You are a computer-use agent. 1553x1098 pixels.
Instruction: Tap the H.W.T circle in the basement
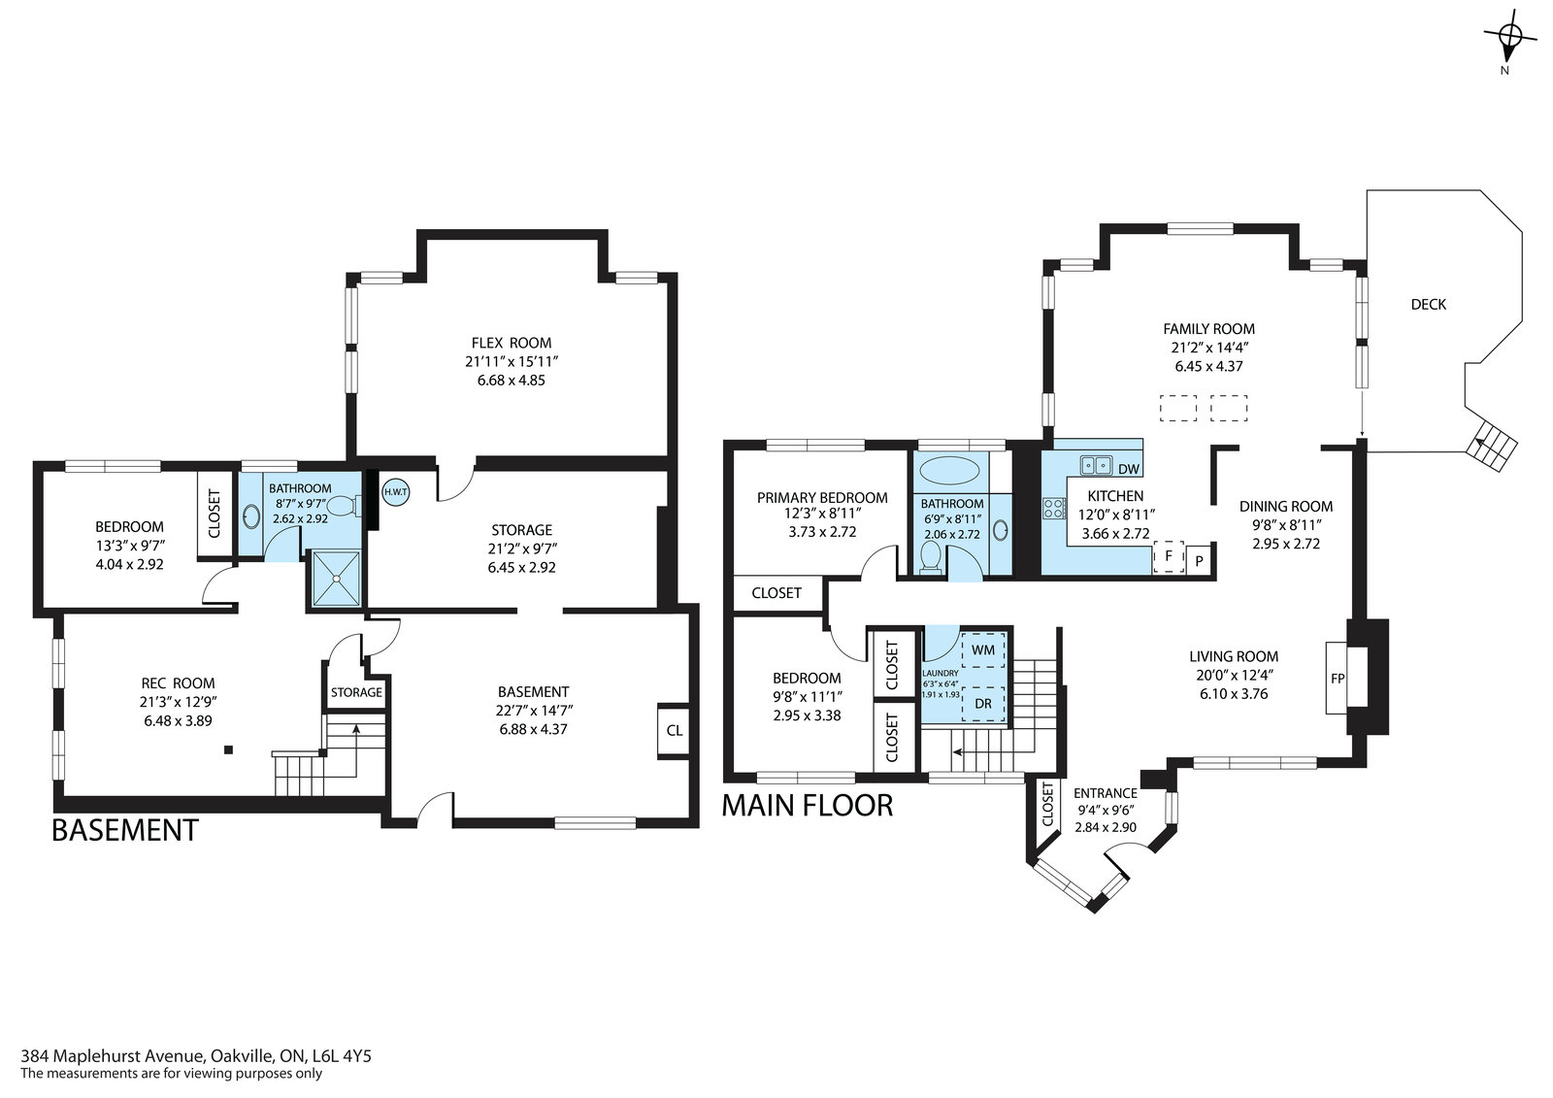(395, 492)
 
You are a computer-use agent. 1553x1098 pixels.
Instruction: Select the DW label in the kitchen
(1129, 469)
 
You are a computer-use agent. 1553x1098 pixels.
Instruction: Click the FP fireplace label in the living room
(1338, 679)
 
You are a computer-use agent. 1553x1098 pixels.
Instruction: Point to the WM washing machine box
(983, 649)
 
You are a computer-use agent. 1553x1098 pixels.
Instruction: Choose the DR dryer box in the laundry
(983, 703)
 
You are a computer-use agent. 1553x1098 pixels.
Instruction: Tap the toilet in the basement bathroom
(344, 506)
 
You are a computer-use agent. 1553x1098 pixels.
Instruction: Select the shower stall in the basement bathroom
(336, 579)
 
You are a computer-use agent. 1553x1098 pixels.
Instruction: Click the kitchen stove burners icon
(1054, 509)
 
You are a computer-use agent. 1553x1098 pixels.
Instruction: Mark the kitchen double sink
(1096, 464)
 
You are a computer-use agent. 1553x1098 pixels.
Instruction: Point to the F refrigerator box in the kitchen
(1169, 556)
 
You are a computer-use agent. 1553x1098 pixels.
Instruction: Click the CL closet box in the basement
(674, 730)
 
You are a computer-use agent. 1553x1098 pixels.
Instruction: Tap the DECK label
(1429, 304)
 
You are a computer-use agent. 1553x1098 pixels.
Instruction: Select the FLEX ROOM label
(512, 343)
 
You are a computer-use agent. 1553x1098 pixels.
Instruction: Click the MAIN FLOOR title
(808, 806)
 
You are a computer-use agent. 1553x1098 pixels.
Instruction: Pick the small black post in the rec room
(228, 749)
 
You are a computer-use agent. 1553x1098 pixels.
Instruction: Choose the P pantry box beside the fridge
(1199, 560)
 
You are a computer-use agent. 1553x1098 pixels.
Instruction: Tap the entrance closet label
(1047, 804)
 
